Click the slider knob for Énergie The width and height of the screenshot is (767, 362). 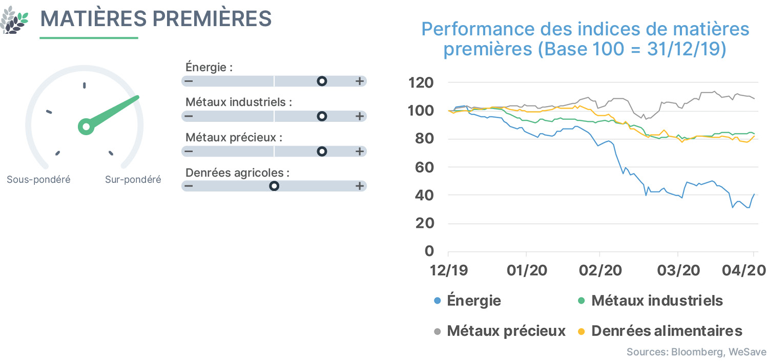(x=322, y=81)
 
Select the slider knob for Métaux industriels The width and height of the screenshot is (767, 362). (x=322, y=116)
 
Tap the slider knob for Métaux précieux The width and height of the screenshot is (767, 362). (x=322, y=151)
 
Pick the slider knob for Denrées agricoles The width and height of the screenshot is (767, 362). (x=274, y=186)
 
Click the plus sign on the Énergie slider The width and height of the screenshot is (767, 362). (x=360, y=81)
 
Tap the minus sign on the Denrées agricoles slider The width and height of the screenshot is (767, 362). (x=189, y=186)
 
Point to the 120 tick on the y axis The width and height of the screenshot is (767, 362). (x=421, y=83)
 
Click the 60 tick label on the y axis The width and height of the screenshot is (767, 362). (x=425, y=167)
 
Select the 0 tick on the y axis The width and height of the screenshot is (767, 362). (x=429, y=251)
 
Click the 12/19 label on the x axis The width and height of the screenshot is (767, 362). (x=448, y=270)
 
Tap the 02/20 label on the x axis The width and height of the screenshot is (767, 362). (x=600, y=270)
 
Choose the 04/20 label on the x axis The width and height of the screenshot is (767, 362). (x=744, y=270)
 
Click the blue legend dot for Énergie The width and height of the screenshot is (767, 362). (x=437, y=301)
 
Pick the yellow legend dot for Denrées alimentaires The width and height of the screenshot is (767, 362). (x=581, y=331)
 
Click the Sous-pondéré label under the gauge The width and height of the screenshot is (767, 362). (x=39, y=180)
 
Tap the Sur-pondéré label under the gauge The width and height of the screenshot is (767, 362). (x=133, y=180)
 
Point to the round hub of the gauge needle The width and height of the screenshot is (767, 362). (x=86, y=127)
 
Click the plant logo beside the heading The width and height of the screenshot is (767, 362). (x=14, y=20)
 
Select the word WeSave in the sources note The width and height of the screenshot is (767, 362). (x=748, y=352)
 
